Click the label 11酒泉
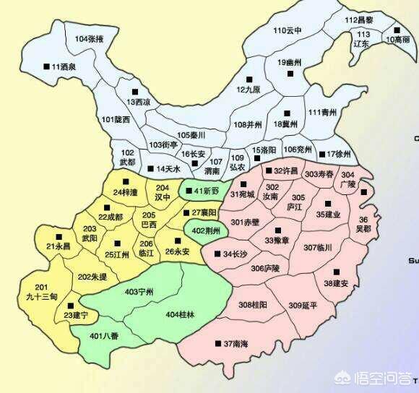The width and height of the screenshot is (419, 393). point(64,66)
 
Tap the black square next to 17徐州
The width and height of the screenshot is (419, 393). point(321,154)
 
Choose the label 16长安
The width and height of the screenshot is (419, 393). point(194,154)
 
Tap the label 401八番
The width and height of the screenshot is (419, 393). point(105,337)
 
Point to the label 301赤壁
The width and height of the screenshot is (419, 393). point(245,221)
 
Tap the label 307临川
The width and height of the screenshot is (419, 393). point(317,248)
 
